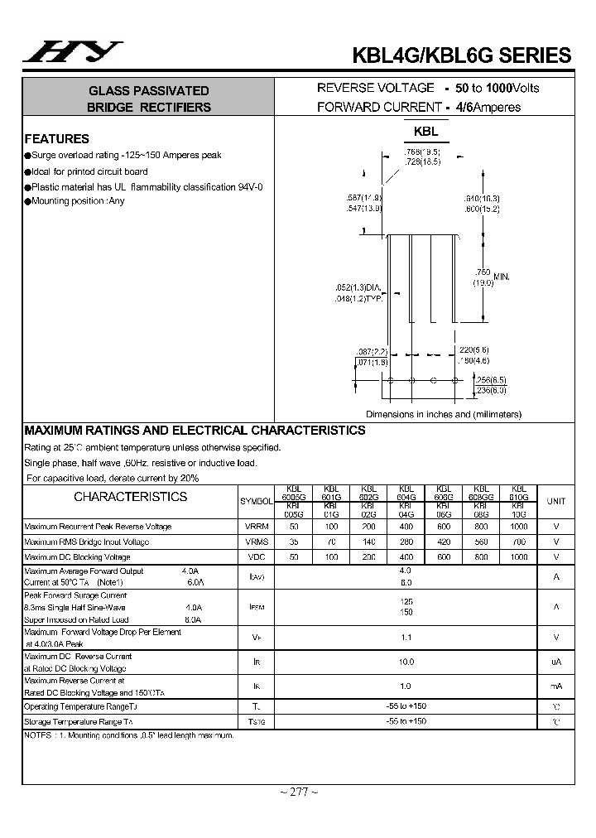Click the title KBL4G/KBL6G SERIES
point(461,55)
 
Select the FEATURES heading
point(56,139)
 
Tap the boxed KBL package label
point(425,132)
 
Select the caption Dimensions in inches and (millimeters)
point(444,414)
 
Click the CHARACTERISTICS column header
point(131,497)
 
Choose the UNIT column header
point(556,501)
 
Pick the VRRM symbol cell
point(256,527)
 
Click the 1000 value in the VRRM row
point(519,527)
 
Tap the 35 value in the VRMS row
point(294,542)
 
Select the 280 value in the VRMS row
point(406,542)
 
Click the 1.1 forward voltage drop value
point(406,637)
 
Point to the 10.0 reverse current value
point(406,662)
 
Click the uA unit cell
point(556,662)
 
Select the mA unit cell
point(556,686)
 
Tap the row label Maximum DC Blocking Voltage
point(78,558)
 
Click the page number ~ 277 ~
point(298,792)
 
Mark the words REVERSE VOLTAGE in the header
point(376,88)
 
